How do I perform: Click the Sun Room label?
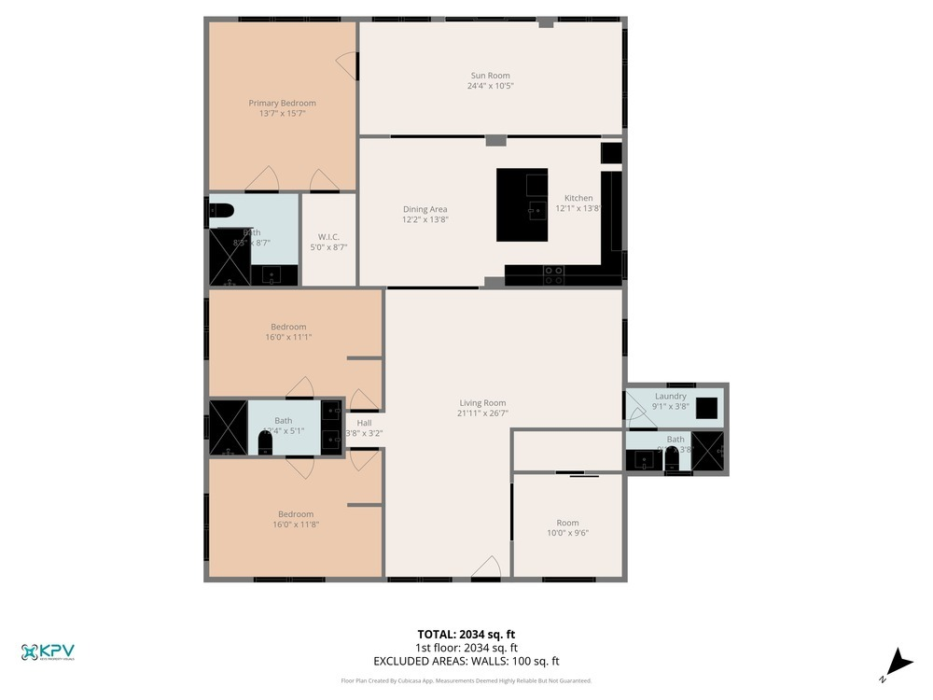tap(490, 76)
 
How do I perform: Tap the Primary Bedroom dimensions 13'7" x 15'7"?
tap(282, 113)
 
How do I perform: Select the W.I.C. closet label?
tap(328, 236)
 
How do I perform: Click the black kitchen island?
tap(522, 204)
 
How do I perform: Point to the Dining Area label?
tap(425, 209)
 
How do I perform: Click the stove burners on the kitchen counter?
tap(553, 274)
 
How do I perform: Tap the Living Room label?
tap(482, 403)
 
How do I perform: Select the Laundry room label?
tap(670, 396)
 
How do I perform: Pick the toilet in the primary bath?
tap(220, 210)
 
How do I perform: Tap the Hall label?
tap(363, 423)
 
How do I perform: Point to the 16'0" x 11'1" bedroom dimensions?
tap(288, 337)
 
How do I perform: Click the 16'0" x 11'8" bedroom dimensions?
tap(295, 525)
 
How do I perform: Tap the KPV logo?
tap(48, 652)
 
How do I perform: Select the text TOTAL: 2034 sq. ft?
tap(466, 634)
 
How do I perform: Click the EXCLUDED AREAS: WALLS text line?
tap(466, 661)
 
